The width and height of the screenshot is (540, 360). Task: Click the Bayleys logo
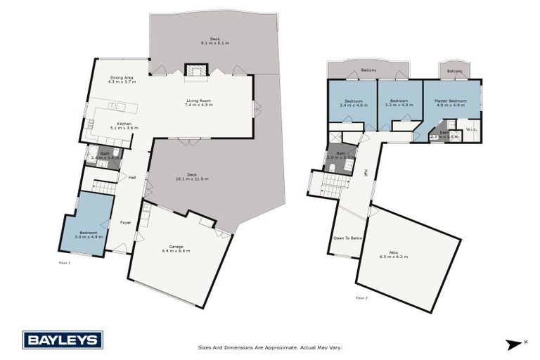(x=63, y=340)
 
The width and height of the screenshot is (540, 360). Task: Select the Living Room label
(x=198, y=102)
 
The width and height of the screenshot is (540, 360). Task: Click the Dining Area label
(x=122, y=79)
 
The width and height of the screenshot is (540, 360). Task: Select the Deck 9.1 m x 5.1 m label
(x=214, y=41)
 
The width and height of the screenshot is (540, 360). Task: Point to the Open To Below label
(x=348, y=238)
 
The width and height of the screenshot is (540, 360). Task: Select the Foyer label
(x=125, y=222)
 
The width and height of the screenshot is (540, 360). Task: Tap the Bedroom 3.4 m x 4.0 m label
(x=353, y=103)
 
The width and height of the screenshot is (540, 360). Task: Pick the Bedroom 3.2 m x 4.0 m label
(x=399, y=103)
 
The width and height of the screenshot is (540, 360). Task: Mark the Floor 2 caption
(x=361, y=297)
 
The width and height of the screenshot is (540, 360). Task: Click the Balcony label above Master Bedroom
(x=454, y=71)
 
